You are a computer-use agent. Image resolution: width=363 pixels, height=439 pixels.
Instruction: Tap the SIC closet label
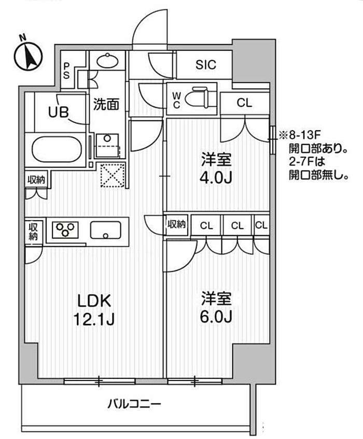coord(206,65)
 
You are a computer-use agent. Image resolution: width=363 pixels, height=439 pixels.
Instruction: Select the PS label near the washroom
coord(67,70)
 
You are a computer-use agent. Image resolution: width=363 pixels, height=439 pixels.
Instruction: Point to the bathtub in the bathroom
coord(58,149)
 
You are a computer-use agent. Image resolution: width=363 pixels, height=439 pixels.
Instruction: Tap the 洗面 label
coord(106,104)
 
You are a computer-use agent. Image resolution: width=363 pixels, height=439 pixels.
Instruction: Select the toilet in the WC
coord(199,97)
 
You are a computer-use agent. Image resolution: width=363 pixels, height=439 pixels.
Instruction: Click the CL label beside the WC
coord(244,103)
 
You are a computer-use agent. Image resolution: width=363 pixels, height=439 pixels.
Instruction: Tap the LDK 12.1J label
coord(95,310)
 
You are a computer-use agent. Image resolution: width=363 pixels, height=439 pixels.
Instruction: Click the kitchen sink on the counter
coord(106,229)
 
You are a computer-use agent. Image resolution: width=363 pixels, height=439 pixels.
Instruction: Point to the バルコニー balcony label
coord(135,403)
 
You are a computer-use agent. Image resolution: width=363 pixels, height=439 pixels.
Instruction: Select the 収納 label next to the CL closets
coord(176,225)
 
